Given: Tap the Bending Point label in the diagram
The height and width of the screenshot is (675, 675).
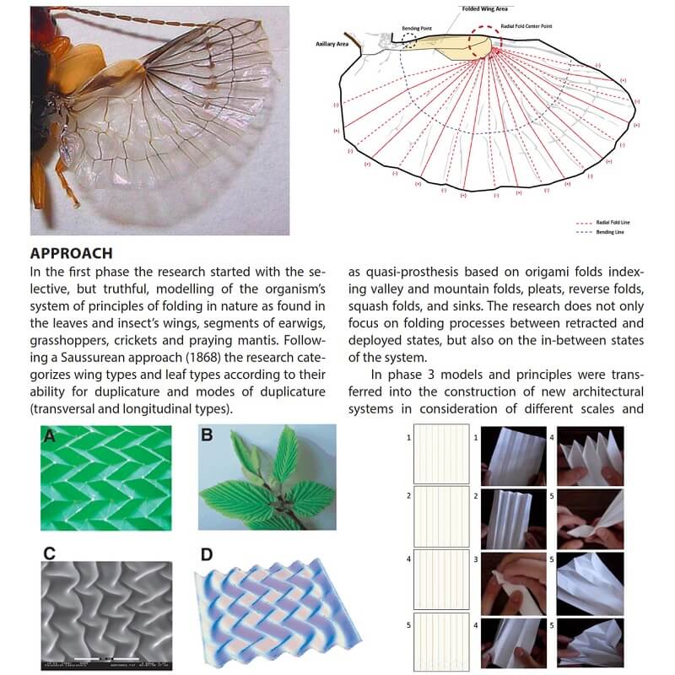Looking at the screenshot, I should (418, 28).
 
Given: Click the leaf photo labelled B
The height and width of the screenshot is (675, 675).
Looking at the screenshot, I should (266, 477).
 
